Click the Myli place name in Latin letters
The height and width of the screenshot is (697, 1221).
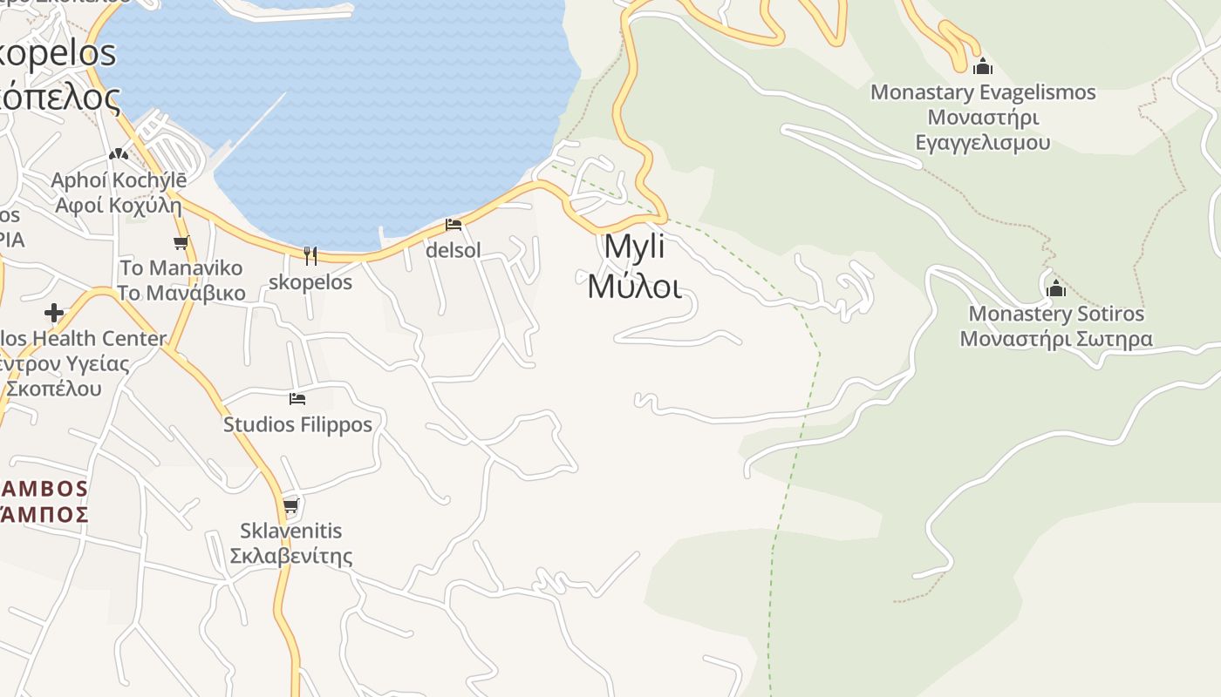(634, 247)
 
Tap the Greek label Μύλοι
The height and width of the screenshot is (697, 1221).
(634, 286)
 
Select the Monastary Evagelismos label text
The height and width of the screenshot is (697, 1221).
(983, 92)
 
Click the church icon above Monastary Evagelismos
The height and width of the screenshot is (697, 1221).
(983, 66)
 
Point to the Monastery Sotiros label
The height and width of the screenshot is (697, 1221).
(1056, 314)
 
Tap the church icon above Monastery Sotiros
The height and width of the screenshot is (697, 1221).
(1056, 288)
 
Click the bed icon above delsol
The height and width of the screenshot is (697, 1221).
(453, 225)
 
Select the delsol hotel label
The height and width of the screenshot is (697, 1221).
(453, 251)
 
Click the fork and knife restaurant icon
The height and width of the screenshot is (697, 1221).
(310, 255)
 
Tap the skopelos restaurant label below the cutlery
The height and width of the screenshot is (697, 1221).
(310, 282)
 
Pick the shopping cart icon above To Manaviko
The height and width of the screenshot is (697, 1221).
(181, 242)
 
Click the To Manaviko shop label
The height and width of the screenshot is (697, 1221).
(181, 267)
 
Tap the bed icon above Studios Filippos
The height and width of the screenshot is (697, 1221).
(297, 399)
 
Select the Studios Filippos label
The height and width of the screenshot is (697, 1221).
(297, 425)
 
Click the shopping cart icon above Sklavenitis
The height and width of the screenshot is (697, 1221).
(290, 505)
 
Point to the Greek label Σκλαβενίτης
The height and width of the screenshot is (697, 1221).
(290, 556)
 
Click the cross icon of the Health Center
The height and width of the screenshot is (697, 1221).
(54, 312)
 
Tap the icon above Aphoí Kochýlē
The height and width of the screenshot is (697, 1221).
(119, 154)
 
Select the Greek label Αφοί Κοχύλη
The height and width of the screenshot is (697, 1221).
(119, 206)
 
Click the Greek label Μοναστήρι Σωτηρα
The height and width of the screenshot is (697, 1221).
(1056, 339)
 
